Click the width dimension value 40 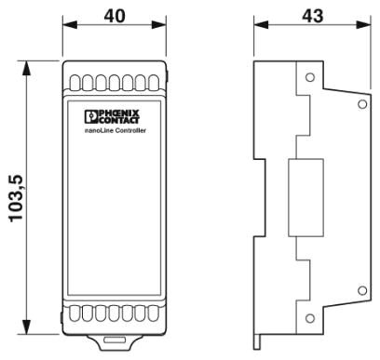pyautogui.click(x=115, y=16)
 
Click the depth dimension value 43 pyautogui.click(x=313, y=16)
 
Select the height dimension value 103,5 pyautogui.click(x=16, y=198)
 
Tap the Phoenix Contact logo pyautogui.click(x=112, y=117)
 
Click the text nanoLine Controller pyautogui.click(x=115, y=130)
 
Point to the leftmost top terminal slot pyautogui.click(x=75, y=83)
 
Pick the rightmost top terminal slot pyautogui.click(x=154, y=83)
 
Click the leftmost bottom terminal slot pyautogui.click(x=75, y=313)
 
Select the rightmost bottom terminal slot pyautogui.click(x=154, y=313)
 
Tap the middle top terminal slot pyautogui.click(x=115, y=83)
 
